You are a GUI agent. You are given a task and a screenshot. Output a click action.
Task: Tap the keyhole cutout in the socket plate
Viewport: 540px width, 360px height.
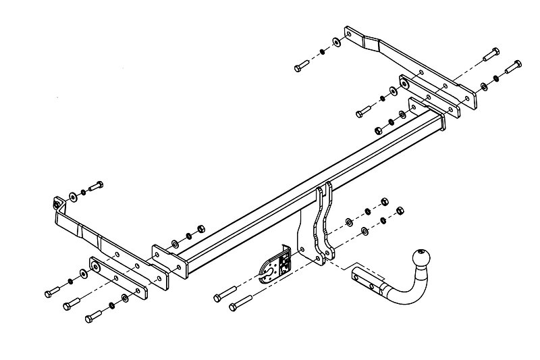tap(268, 270)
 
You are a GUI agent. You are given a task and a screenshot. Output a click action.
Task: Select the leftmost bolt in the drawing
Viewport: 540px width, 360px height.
tap(53, 291)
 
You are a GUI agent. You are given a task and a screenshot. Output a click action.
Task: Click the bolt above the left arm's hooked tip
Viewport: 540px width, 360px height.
tap(95, 185)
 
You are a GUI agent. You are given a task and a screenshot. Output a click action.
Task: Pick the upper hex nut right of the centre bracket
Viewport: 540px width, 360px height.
tap(385, 201)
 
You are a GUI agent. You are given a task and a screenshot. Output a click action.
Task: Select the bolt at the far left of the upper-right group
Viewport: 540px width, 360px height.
tap(302, 67)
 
